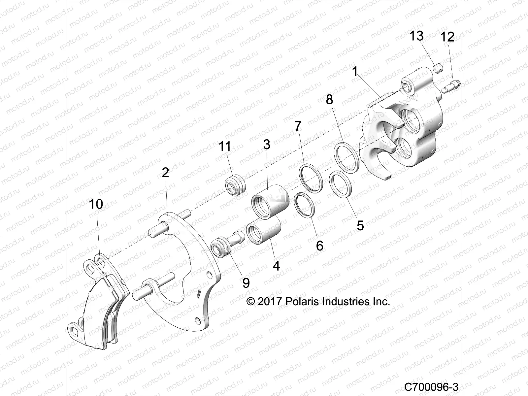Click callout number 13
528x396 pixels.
416,36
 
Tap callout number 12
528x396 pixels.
447,37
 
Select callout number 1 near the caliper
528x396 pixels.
355,71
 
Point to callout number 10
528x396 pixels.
96,204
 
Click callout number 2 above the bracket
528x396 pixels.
165,172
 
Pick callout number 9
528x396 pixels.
246,282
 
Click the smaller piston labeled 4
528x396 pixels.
264,231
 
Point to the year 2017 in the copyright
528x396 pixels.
269,302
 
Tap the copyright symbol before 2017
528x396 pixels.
251,302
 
